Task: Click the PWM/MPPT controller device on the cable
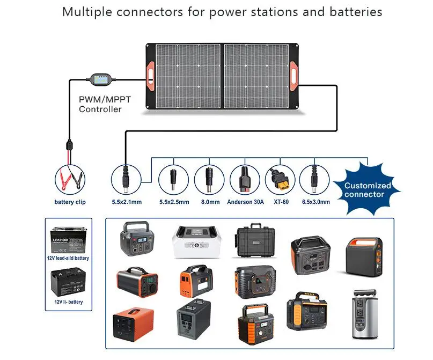[100, 80]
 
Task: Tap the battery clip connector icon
[70, 179]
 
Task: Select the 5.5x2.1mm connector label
[127, 202]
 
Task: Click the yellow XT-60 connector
[280, 179]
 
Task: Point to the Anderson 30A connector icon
[245, 179]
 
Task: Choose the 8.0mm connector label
[209, 202]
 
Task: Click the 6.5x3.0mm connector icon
[314, 179]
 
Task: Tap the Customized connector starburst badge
[368, 189]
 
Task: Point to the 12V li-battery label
[68, 302]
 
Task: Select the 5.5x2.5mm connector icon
[174, 179]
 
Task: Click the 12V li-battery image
[68, 282]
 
